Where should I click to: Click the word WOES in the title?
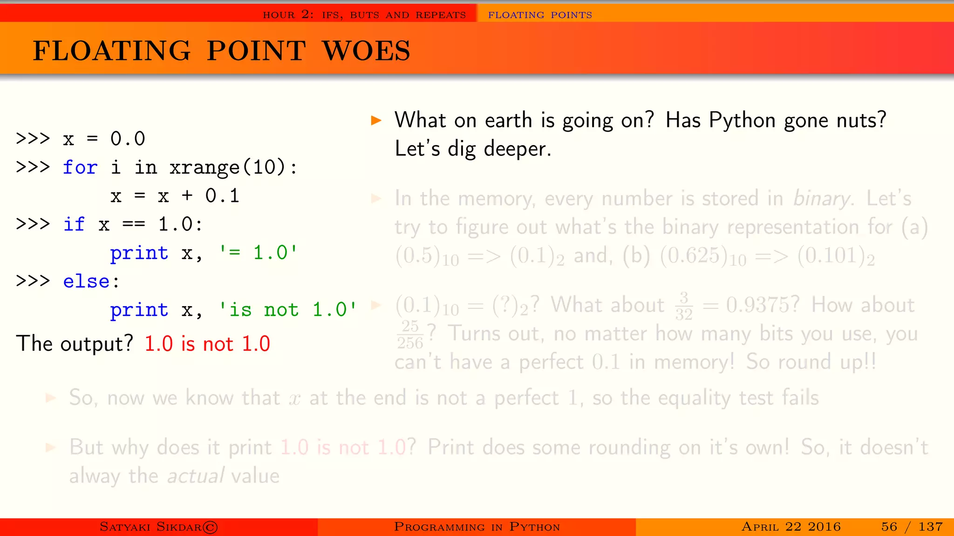pyautogui.click(x=367, y=51)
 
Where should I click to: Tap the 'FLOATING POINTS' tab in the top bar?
pyautogui.click(x=539, y=15)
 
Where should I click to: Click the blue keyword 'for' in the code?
pyautogui.click(x=80, y=167)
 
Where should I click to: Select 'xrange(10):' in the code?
pyautogui.click(x=233, y=167)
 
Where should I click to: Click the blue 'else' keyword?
pyautogui.click(x=86, y=281)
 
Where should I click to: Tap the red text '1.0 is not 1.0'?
pyautogui.click(x=207, y=344)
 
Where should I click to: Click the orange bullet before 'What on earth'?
pyautogui.click(x=376, y=121)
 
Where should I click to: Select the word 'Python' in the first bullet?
pyautogui.click(x=742, y=121)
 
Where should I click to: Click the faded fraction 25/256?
pyautogui.click(x=410, y=335)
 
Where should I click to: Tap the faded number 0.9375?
pyautogui.click(x=762, y=305)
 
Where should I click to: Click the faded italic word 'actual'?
pyautogui.click(x=196, y=476)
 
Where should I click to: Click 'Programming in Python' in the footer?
pyautogui.click(x=477, y=527)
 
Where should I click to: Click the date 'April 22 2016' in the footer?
pyautogui.click(x=790, y=527)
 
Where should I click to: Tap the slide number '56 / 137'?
pyautogui.click(x=912, y=527)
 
